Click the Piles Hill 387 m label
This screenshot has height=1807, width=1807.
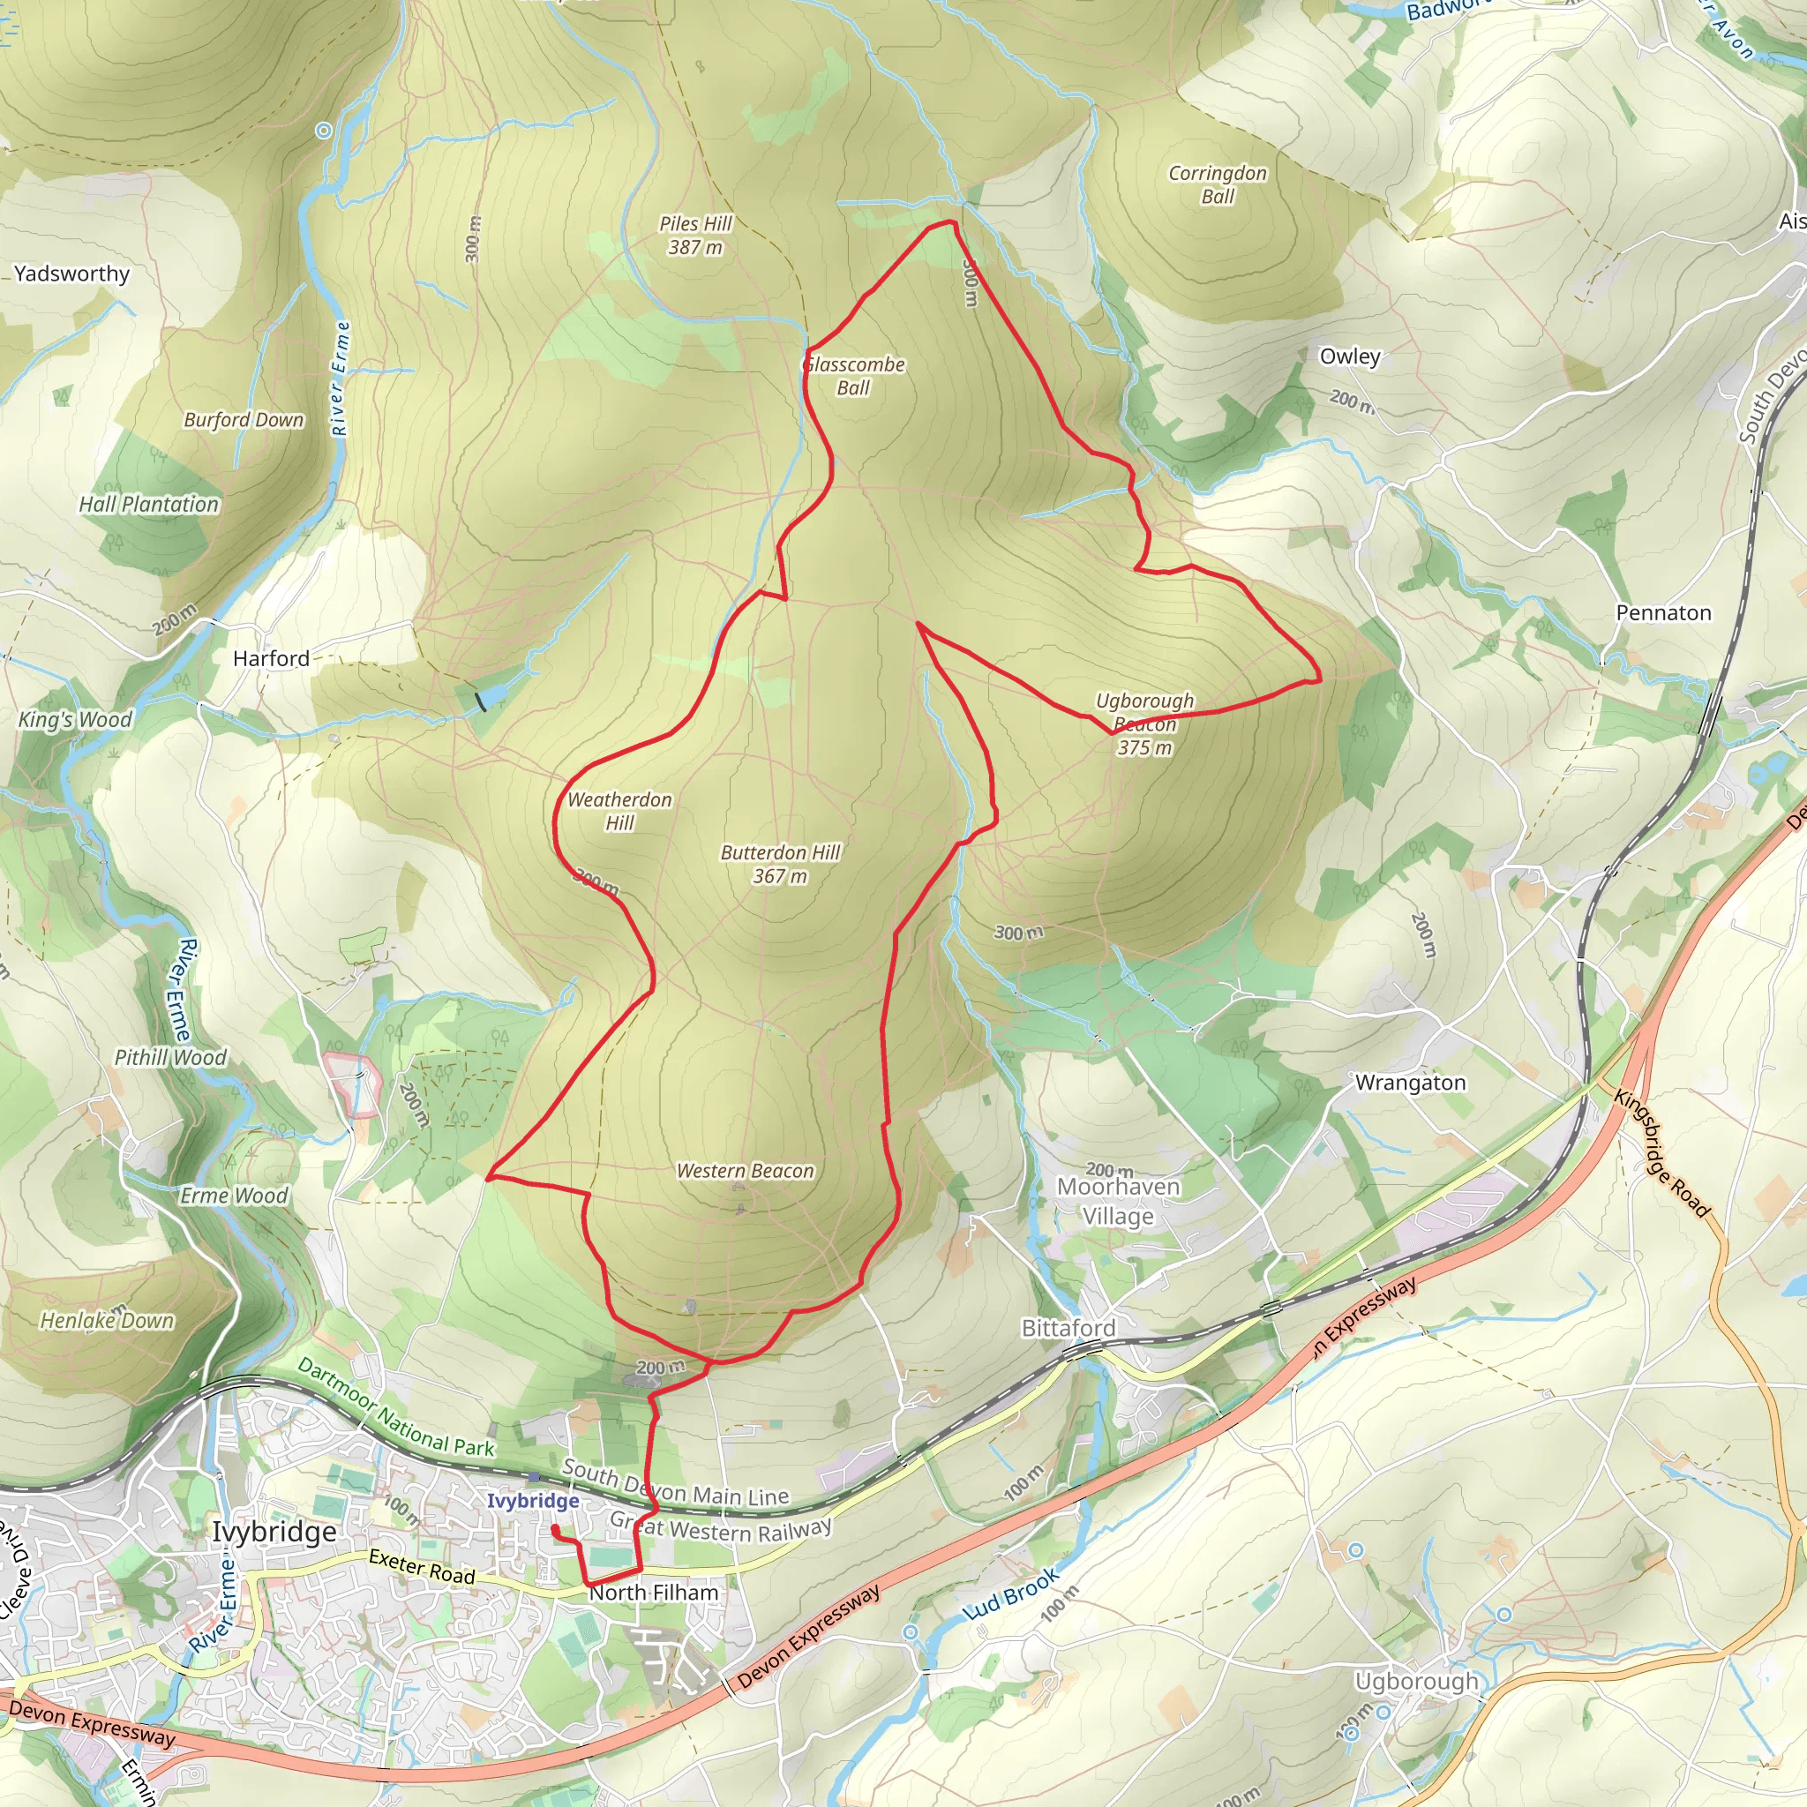coord(695,236)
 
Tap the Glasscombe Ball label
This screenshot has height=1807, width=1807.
coord(854,376)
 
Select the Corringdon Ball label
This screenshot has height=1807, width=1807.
coord(1217,184)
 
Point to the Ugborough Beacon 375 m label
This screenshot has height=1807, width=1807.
coord(1144,724)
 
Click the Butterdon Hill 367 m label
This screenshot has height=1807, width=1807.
coord(780,864)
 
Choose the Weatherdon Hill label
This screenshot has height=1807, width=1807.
coord(619,811)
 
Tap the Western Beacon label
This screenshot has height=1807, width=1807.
coord(745,1171)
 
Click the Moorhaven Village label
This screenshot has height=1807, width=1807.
coord(1118,1201)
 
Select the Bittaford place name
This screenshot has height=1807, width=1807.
coord(1068,1328)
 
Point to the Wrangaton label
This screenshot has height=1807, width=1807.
coord(1411,1083)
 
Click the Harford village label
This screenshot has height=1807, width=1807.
coord(271,658)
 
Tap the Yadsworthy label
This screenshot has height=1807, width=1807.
coord(72,274)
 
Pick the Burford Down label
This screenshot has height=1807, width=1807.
coord(244,420)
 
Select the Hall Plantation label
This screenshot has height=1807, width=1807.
coord(149,504)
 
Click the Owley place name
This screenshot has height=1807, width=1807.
coord(1350,356)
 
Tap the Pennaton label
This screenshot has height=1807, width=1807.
coord(1663,612)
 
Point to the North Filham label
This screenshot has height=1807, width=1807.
coord(654,1593)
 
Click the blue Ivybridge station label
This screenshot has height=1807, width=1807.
coord(532,1501)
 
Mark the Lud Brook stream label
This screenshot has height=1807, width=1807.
coord(1011,1593)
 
